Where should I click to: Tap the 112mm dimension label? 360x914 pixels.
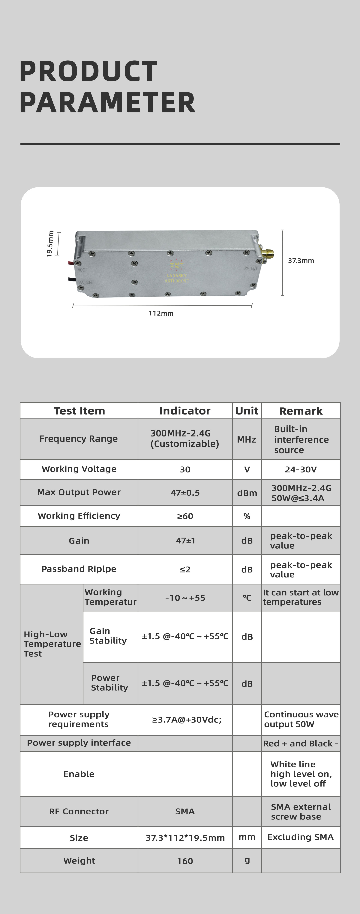pyautogui.click(x=161, y=313)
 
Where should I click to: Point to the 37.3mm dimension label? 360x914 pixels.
pyautogui.click(x=301, y=261)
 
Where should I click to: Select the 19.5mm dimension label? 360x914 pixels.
pyautogui.click(x=50, y=244)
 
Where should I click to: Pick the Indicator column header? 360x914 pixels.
pyautogui.click(x=185, y=411)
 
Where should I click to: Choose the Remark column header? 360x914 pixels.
pyautogui.click(x=301, y=411)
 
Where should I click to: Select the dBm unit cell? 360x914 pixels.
pyautogui.click(x=247, y=493)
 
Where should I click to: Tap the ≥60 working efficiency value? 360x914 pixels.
pyautogui.click(x=185, y=516)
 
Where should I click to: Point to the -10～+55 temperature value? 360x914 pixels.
pyautogui.click(x=185, y=598)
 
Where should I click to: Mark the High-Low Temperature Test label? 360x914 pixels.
pyautogui.click(x=52, y=644)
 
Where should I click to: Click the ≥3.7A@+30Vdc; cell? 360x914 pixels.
pyautogui.click(x=187, y=719)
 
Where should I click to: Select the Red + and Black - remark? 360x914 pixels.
pyautogui.click(x=300, y=743)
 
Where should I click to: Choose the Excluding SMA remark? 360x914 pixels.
pyautogui.click(x=300, y=837)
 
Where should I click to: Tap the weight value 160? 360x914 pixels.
pyautogui.click(x=185, y=861)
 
